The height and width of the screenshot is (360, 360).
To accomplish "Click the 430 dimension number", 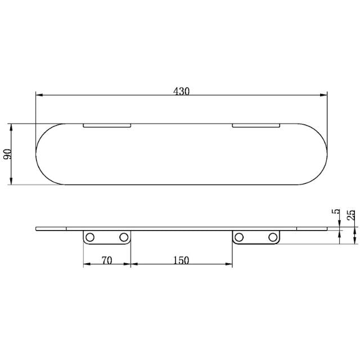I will [x=181, y=91].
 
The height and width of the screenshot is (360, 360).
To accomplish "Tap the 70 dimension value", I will [x=107, y=260].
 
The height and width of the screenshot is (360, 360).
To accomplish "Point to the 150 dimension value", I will [x=181, y=260].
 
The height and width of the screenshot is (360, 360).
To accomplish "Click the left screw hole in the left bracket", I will [x=90, y=237].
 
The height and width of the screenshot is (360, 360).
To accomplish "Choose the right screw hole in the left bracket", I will [x=124, y=237].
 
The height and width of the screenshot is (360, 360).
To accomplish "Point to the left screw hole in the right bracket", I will [x=240, y=237].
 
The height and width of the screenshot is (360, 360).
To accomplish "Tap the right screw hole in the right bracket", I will [x=273, y=237].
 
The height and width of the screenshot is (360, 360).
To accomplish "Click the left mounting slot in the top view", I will [x=107, y=125].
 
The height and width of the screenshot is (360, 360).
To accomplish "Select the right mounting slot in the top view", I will [x=256, y=125].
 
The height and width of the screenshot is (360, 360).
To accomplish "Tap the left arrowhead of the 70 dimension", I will [x=86, y=264].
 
